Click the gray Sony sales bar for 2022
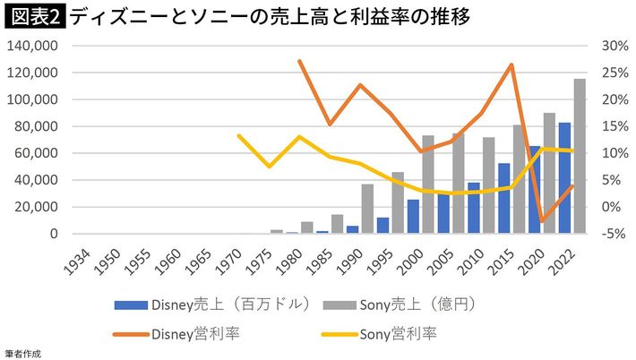pyautogui.click(x=580, y=157)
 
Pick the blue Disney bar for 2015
pyautogui.click(x=504, y=199)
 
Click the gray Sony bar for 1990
pyautogui.click(x=367, y=210)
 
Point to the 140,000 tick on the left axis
pyautogui.click(x=32, y=46)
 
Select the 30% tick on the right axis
pyautogui.click(x=606, y=46)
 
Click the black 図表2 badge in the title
pyautogui.click(x=33, y=16)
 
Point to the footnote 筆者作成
pyautogui.click(x=22, y=354)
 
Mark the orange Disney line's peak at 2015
pyautogui.click(x=511, y=64)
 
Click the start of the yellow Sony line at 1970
pyautogui.click(x=239, y=135)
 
